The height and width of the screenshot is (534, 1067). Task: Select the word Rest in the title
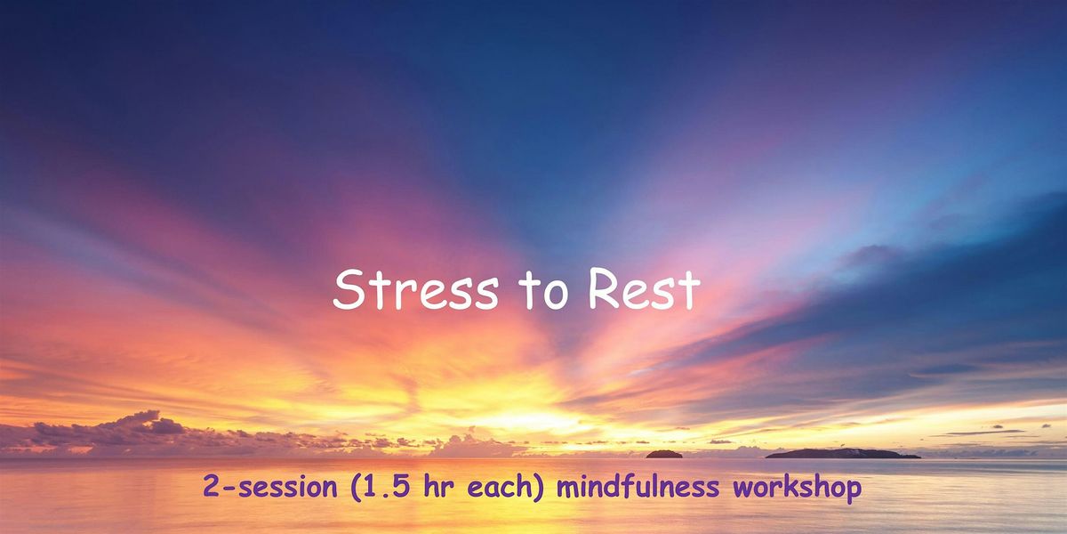(x=645, y=291)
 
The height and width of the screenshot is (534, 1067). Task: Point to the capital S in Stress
(x=347, y=291)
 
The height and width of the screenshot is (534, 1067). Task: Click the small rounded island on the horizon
(x=664, y=454)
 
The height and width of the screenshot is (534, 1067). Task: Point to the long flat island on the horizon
(x=842, y=454)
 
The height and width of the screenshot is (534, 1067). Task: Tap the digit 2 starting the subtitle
(x=209, y=489)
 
